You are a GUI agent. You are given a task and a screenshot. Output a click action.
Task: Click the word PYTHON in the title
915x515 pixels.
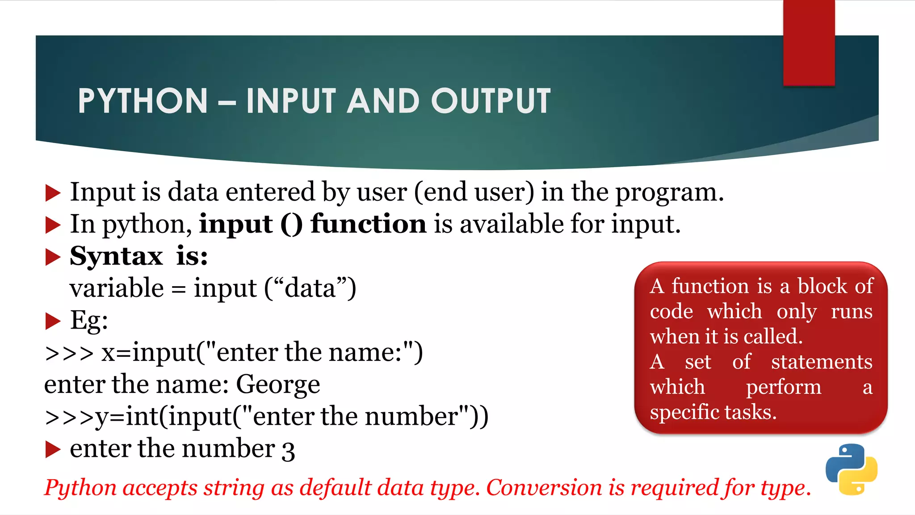coord(143,101)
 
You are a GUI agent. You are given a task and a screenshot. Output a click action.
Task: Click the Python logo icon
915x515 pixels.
coord(851,469)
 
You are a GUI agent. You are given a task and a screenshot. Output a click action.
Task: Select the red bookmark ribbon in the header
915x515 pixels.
coord(809,43)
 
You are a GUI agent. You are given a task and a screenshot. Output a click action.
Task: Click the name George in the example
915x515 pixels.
coord(278,384)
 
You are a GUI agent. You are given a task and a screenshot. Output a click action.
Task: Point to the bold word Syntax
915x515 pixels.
coord(116,256)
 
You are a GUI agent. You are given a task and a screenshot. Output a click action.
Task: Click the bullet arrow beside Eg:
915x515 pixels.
coord(53,321)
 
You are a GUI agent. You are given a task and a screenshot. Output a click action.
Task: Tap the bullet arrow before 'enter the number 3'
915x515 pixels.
coord(53,449)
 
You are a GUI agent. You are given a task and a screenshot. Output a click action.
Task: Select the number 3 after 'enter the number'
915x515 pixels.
coord(288,451)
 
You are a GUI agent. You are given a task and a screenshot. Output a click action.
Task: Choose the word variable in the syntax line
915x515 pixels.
coord(117,288)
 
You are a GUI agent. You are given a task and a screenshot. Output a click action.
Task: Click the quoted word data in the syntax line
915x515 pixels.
coord(310,288)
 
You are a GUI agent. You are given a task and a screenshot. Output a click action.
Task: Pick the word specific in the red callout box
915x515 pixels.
coord(684,412)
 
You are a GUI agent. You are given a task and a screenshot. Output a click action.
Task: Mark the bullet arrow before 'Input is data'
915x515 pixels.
coord(53,193)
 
